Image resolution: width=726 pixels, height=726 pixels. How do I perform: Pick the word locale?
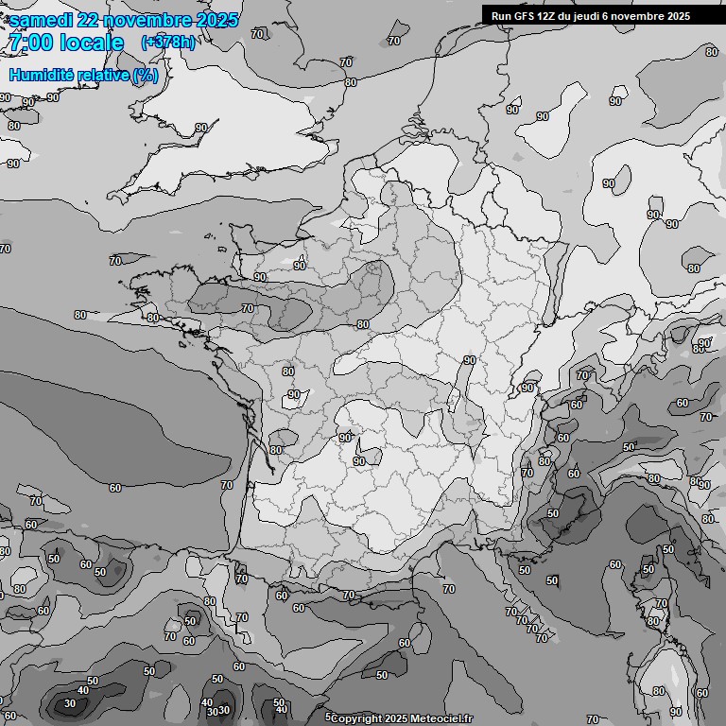(92, 43)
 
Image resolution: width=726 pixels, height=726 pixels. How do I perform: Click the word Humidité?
(42, 76)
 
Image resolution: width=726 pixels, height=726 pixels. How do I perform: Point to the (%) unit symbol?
(146, 76)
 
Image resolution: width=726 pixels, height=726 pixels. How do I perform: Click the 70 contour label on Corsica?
(661, 603)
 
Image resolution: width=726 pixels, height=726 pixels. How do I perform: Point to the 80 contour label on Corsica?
(652, 621)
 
